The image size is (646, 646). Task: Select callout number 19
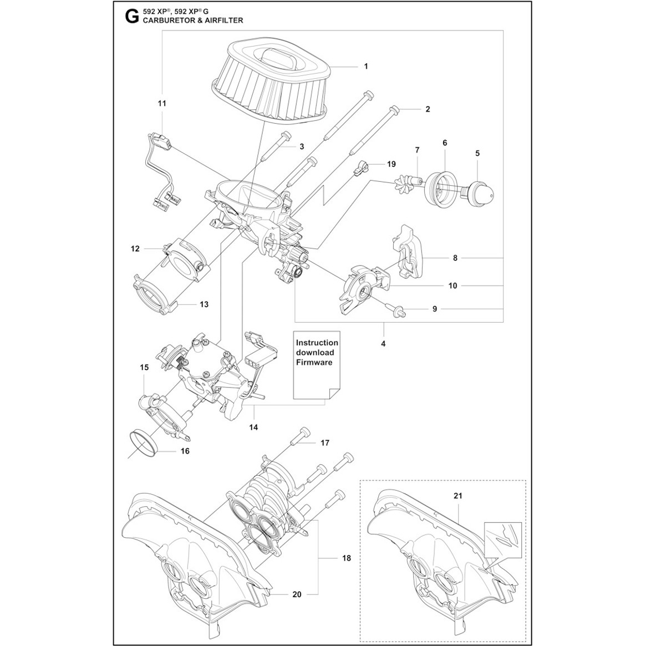391,164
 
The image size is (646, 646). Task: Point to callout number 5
478,153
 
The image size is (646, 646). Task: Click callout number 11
162,103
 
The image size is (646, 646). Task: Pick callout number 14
254,427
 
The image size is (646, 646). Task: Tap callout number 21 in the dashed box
457,495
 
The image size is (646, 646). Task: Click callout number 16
185,451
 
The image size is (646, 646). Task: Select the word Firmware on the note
314,362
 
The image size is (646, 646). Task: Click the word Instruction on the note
317,343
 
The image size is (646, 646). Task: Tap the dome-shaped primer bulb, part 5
480,191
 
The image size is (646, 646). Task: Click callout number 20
297,594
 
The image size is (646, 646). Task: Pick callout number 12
135,249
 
